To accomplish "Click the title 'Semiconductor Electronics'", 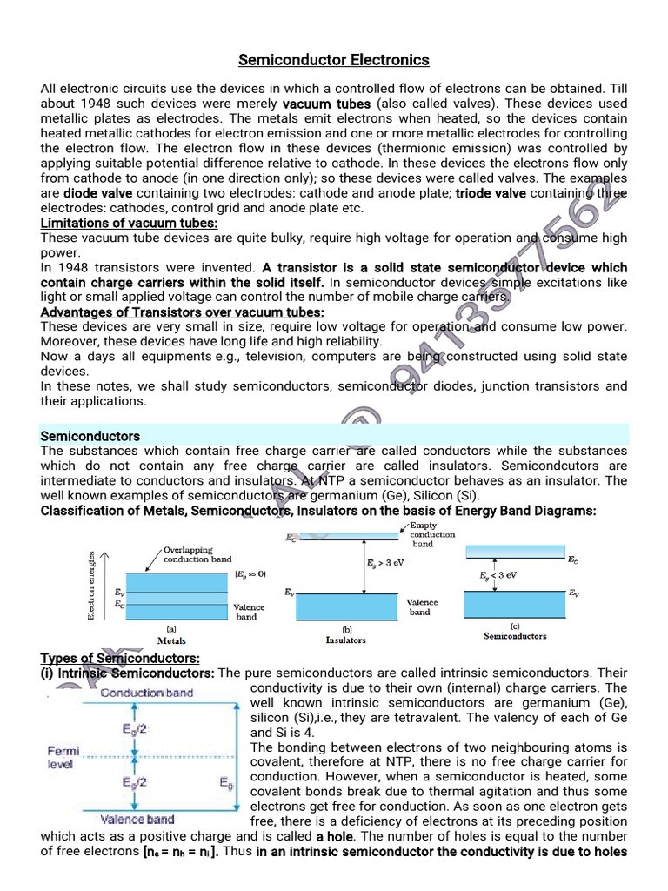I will [334, 60].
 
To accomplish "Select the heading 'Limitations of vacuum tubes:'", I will [130, 224].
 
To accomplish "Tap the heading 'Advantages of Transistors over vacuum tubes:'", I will [183, 312].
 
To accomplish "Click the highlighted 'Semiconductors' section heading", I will [90, 436].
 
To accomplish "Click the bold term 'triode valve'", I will [491, 193].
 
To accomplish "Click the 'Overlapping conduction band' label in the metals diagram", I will [197, 554].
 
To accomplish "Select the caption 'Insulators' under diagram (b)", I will [345, 640].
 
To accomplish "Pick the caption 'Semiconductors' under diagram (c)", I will [515, 636].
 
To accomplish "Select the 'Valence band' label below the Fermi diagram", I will [137, 819].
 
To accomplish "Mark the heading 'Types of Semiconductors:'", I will [120, 658].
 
